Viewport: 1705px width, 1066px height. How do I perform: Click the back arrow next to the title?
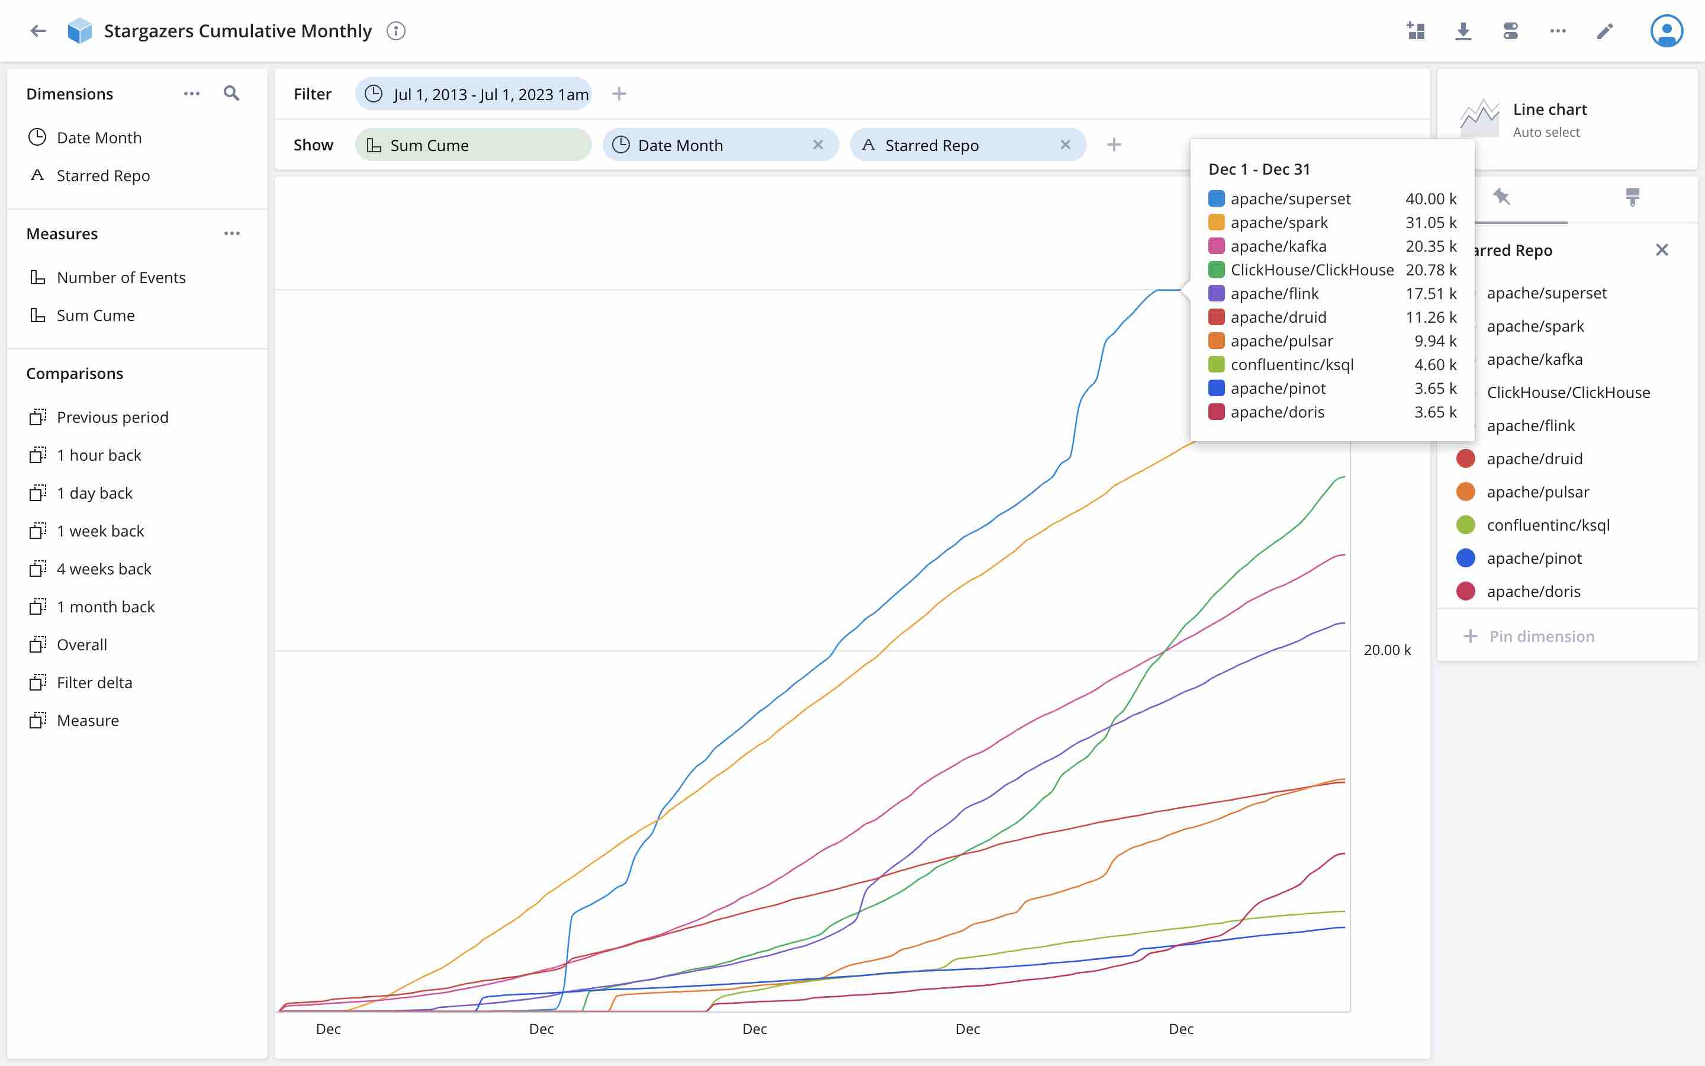point(38,31)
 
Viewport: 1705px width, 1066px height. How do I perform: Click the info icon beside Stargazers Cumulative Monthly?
point(396,31)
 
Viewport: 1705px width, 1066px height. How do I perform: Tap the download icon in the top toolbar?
point(1463,31)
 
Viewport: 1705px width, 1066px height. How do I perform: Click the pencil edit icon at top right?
point(1605,31)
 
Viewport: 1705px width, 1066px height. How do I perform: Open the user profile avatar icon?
point(1667,31)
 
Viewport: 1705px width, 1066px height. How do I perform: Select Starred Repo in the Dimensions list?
point(103,175)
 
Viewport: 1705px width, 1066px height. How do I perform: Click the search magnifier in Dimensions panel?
point(231,94)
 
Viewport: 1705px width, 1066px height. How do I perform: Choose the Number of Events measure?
point(121,277)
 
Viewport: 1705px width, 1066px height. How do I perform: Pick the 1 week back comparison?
point(100,531)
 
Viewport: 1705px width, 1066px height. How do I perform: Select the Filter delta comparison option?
point(94,682)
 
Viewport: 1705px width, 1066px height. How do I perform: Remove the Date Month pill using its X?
point(818,145)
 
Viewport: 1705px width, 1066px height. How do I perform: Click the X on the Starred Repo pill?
point(1065,145)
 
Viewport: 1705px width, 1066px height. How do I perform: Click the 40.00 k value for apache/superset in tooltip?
point(1430,199)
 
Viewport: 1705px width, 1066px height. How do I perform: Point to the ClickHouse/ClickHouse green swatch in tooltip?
point(1216,270)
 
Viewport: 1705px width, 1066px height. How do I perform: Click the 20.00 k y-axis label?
point(1386,650)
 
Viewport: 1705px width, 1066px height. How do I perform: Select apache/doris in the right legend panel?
point(1533,592)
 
